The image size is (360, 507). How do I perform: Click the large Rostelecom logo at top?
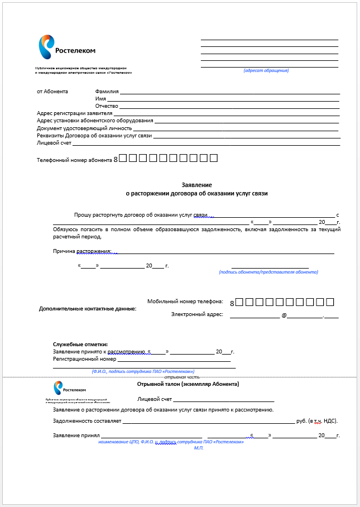pos(60,49)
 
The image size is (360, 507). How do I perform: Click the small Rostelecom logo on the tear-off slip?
pos(65,389)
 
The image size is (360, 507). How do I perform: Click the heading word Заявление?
pos(197,185)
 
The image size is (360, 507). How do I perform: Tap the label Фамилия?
pos(107,92)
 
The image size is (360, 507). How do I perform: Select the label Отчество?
pos(107,106)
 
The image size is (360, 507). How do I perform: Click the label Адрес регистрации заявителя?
pos(74,113)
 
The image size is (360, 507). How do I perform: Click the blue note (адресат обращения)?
pos(266,71)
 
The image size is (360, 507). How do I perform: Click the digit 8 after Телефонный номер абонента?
pos(116,160)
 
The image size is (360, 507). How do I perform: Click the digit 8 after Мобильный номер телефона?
pos(232,303)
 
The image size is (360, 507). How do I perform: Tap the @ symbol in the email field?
pos(284,315)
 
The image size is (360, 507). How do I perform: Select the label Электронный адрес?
pos(197,314)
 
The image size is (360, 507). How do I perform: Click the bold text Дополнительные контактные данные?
pos(88,308)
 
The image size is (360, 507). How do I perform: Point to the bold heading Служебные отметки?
pos(80,345)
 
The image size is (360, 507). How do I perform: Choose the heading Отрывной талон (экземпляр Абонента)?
pos(188,384)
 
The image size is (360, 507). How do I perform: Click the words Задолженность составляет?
pos(87,421)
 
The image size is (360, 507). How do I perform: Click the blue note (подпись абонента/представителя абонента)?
pos(268,272)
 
